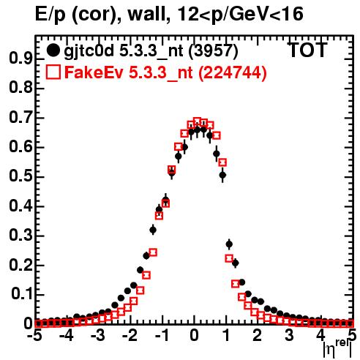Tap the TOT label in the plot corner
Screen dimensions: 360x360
click(307, 50)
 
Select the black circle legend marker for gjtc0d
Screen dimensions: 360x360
click(53, 50)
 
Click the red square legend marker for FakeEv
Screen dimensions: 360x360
click(53, 72)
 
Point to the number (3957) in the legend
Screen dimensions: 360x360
click(214, 51)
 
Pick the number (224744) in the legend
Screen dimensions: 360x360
click(233, 72)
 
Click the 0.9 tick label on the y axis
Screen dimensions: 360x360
click(20, 59)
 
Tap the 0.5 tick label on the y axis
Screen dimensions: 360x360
click(20, 176)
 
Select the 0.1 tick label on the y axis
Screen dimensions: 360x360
click(21, 294)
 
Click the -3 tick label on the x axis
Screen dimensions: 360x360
click(98, 335)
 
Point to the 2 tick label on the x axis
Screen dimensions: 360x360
click(257, 335)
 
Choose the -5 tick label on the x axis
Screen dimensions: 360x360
click(35, 335)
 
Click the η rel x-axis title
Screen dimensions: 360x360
click(337, 349)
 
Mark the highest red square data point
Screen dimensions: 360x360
click(197, 121)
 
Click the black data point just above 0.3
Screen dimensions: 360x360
click(153, 230)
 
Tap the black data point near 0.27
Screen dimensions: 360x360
click(229, 244)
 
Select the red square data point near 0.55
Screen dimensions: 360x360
click(222, 162)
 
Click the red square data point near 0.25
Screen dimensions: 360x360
click(153, 252)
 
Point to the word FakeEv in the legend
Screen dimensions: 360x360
click(94, 72)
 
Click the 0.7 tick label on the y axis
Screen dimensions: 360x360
click(20, 118)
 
